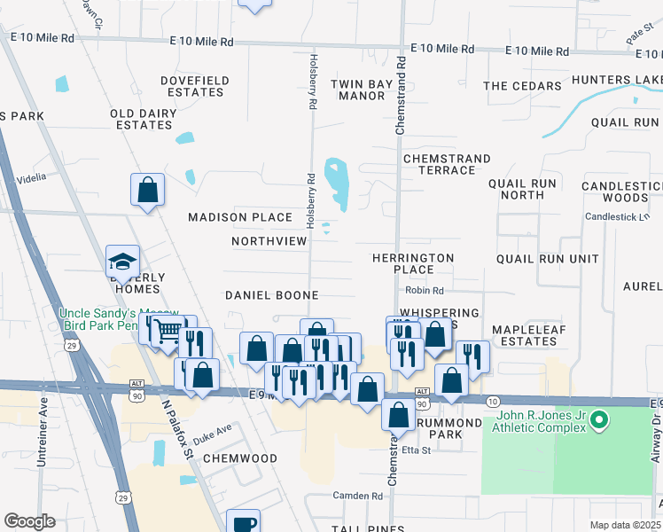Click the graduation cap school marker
pyautogui.click(x=122, y=262)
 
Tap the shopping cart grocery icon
pyautogui.click(x=167, y=332)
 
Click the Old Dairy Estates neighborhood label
pyautogui.click(x=141, y=120)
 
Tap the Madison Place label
pyautogui.click(x=240, y=217)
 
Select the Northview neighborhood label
pyautogui.click(x=269, y=241)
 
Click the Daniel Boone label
pyautogui.click(x=271, y=294)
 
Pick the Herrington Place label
pyautogui.click(x=413, y=263)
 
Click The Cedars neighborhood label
pyautogui.click(x=522, y=86)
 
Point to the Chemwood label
pyautogui.click(x=239, y=458)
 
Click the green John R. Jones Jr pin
pyautogui.click(x=599, y=419)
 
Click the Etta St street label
pyautogui.click(x=416, y=450)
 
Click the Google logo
pyautogui.click(x=29, y=521)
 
